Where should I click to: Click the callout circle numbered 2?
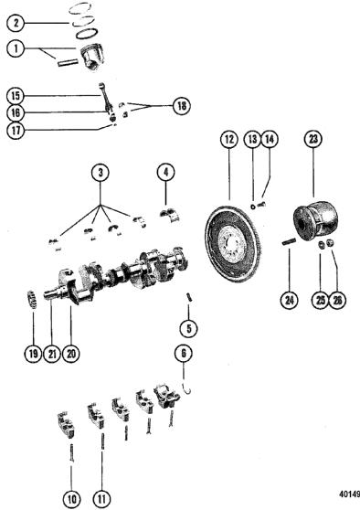[16, 23]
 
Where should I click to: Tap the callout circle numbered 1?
[16, 48]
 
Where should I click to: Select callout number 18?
[182, 106]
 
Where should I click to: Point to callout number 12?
[229, 139]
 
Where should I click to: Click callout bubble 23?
[312, 139]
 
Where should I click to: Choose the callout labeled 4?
[166, 173]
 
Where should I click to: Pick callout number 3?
[101, 173]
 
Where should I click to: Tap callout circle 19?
[33, 354]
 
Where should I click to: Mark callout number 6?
[184, 354]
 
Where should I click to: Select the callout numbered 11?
[101, 499]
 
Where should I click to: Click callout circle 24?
[290, 300]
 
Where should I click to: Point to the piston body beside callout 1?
[92, 55]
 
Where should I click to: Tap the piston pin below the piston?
[68, 61]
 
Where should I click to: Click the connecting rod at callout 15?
[107, 100]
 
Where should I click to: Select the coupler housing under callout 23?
[316, 220]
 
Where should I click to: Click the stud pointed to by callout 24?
[289, 242]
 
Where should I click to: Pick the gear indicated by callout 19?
[32, 299]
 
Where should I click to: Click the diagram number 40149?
[349, 494]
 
